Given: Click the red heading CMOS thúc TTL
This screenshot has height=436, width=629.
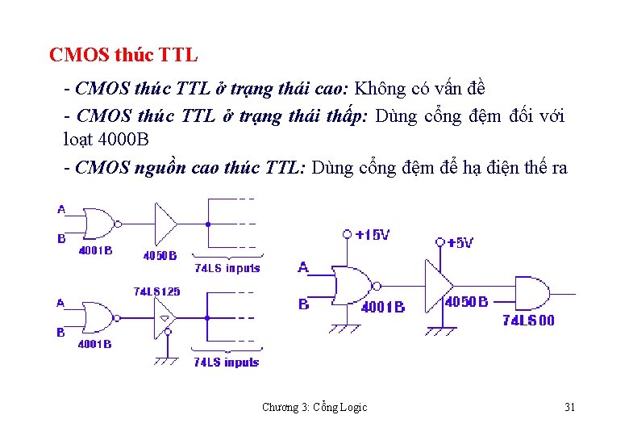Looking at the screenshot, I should pyautogui.click(x=123, y=56).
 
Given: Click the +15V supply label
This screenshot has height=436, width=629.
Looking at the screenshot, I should pyautogui.click(x=372, y=235).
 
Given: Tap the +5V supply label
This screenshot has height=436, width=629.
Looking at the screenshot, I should pyautogui.click(x=460, y=242).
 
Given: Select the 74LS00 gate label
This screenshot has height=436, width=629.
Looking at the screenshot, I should pyautogui.click(x=528, y=321).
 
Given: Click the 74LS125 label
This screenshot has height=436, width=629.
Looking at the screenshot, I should pyautogui.click(x=156, y=291).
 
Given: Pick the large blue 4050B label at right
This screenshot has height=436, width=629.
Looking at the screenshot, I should pyautogui.click(x=466, y=302).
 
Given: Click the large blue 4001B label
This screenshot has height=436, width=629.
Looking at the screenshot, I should pyautogui.click(x=382, y=307).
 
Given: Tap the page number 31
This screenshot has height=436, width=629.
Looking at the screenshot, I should pyautogui.click(x=569, y=407).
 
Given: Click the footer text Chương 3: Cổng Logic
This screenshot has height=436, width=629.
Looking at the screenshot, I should pyautogui.click(x=314, y=407).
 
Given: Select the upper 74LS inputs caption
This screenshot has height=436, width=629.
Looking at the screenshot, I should pyautogui.click(x=227, y=268).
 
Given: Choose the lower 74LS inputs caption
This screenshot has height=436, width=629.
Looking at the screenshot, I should pyautogui.click(x=226, y=363).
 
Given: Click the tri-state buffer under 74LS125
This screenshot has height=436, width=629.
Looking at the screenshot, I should pyautogui.click(x=165, y=316).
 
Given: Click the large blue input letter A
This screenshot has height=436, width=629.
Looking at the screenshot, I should pyautogui.click(x=303, y=267).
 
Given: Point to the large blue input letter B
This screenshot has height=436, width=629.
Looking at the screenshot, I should pyautogui.click(x=303, y=304).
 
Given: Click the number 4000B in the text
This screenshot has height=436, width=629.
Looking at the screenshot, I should pyautogui.click(x=123, y=139).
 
